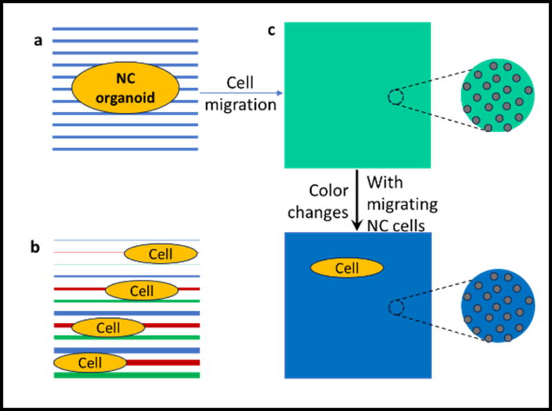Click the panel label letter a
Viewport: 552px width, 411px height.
point(39,41)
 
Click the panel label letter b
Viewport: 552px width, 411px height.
point(35,246)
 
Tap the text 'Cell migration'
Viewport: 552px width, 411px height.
point(240,93)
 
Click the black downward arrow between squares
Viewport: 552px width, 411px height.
point(357,200)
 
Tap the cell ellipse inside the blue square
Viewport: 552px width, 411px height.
point(346,268)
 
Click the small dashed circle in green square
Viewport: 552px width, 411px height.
point(395,98)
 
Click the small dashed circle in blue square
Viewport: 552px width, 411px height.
point(395,307)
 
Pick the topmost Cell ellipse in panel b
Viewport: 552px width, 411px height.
point(159,254)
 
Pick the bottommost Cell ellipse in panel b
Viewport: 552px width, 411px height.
point(90,362)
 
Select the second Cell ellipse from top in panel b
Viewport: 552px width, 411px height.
point(140,290)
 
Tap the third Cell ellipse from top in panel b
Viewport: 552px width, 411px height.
point(108,328)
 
